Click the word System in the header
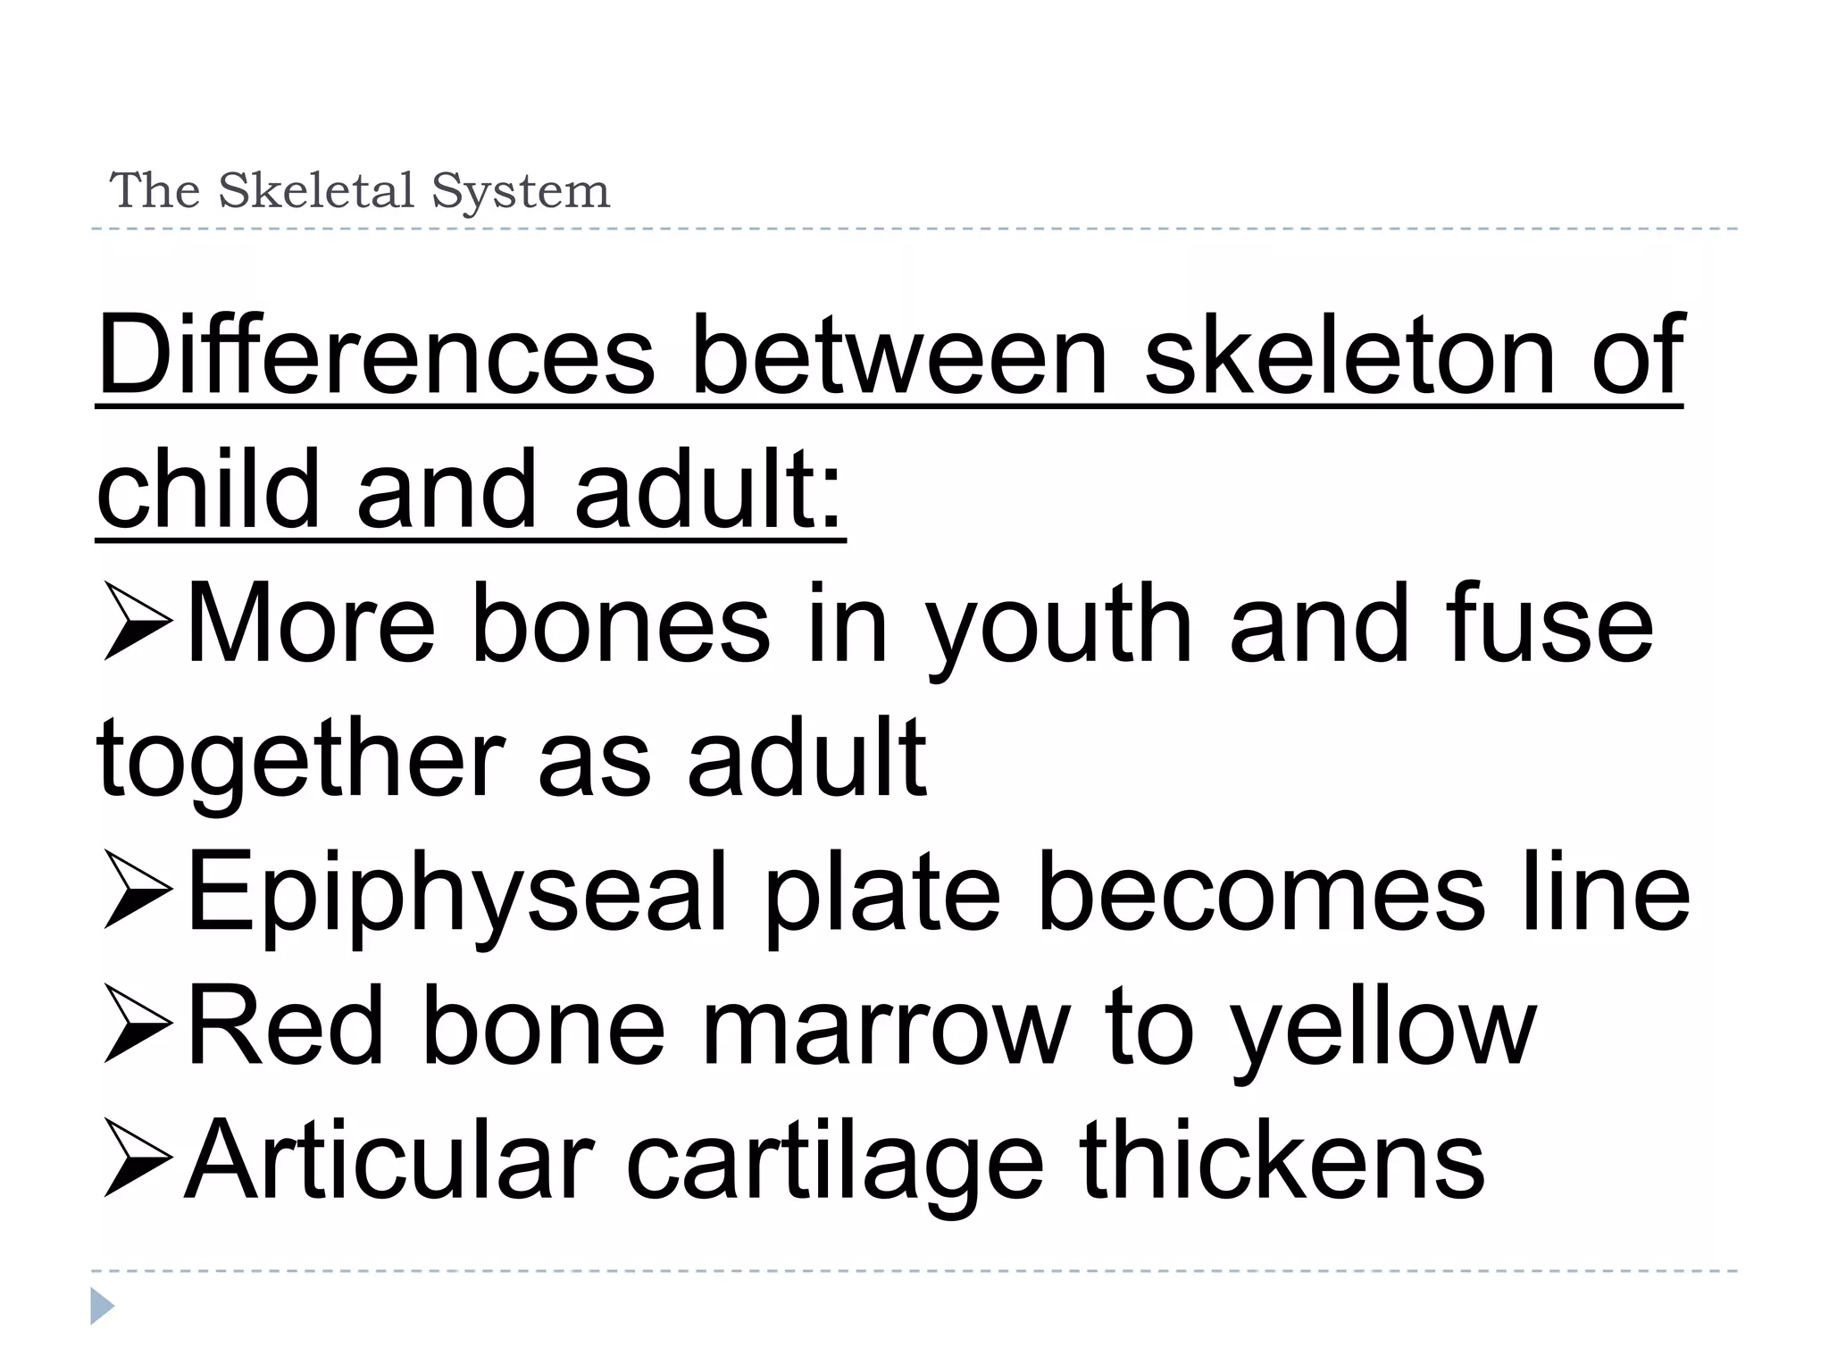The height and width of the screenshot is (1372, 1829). [x=521, y=190]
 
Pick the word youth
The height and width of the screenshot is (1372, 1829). [x=1059, y=625]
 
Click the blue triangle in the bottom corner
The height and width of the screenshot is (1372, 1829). [x=102, y=1306]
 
